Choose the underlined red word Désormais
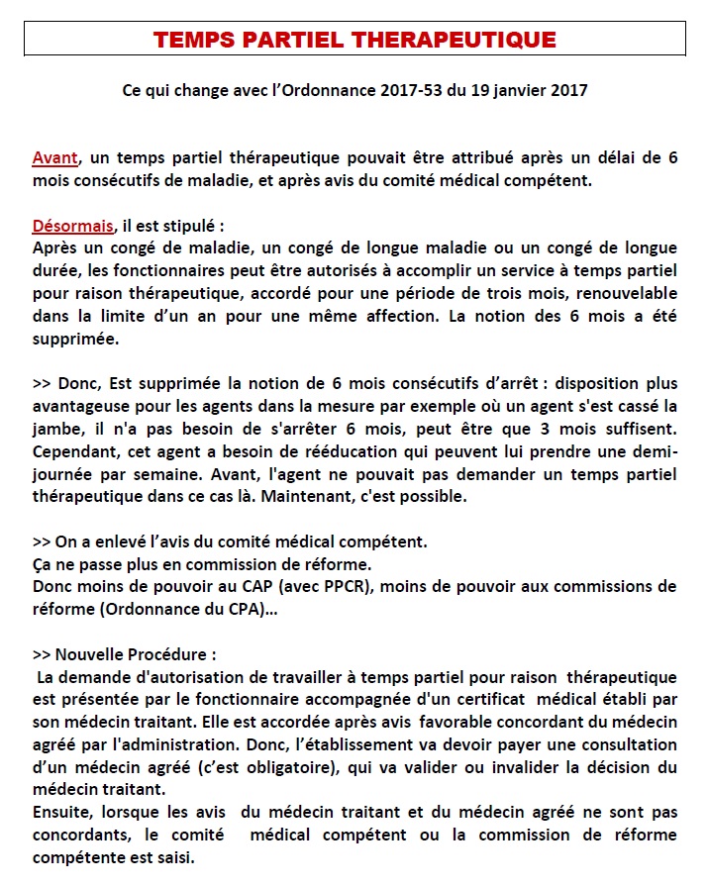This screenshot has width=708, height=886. (x=72, y=225)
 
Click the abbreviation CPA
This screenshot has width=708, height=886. (x=243, y=609)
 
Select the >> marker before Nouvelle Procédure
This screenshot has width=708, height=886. (x=42, y=654)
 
